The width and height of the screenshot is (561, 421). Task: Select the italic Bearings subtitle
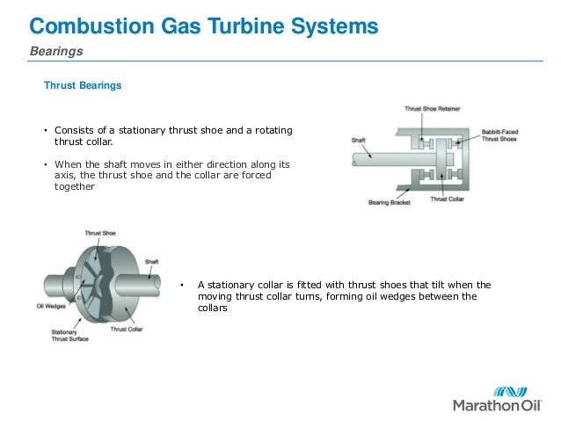(x=56, y=52)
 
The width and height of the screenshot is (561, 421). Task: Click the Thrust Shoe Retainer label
(x=433, y=109)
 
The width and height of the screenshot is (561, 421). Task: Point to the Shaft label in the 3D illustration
(x=152, y=261)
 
